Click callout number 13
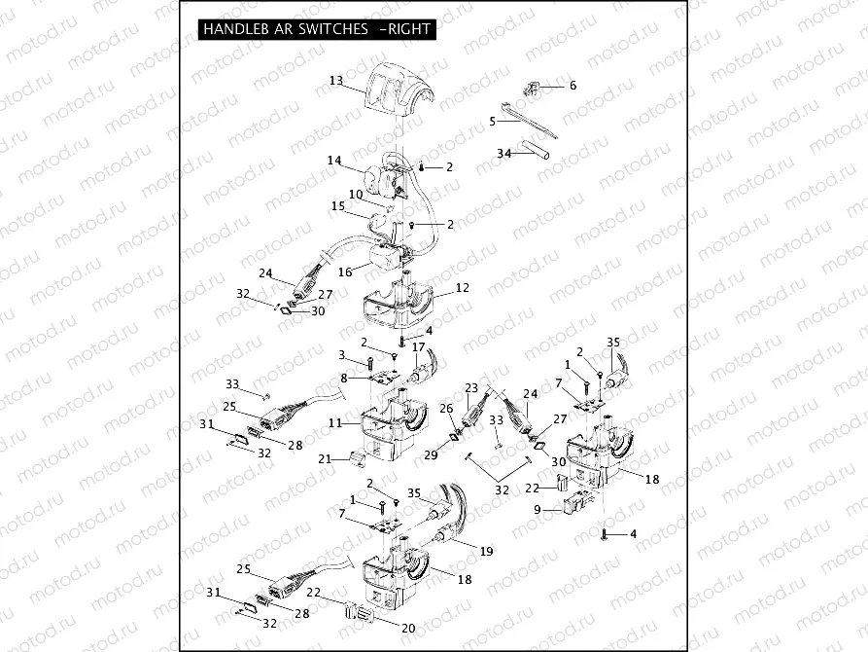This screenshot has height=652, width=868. coord(335,81)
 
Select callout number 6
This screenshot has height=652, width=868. coord(573,86)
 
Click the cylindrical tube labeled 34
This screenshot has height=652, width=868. coord(537,151)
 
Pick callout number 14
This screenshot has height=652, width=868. coord(334,161)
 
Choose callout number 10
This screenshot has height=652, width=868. coord(356,195)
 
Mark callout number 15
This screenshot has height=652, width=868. coord(338,206)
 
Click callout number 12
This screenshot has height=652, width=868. coord(462,287)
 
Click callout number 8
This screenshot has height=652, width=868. coord(343,378)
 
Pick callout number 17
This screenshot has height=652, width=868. coord(418,347)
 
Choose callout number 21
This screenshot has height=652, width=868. coord(326,458)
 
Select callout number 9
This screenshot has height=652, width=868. coord(537,509)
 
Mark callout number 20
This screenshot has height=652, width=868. coord(408,628)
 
